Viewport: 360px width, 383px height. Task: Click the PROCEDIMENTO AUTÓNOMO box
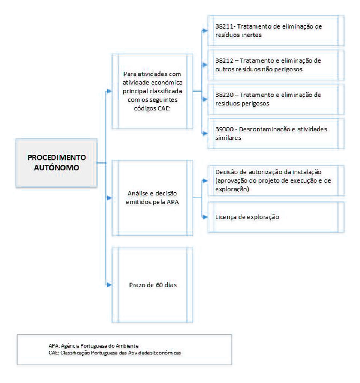point(56,162)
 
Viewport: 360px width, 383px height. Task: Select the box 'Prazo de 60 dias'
point(155,285)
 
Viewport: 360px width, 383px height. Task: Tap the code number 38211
point(223,27)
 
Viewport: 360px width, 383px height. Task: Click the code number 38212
point(223,61)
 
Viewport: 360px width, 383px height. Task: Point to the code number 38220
point(223,95)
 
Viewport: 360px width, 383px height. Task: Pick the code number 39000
point(223,129)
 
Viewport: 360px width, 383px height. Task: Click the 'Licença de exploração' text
point(247,217)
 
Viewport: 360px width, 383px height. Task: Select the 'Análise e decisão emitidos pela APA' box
point(155,198)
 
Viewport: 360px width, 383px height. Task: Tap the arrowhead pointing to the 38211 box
point(205,31)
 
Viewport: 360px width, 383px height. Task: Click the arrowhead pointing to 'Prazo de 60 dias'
point(109,285)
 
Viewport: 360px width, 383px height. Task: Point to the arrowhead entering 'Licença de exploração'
point(205,217)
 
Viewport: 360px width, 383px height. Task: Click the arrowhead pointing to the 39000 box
point(205,133)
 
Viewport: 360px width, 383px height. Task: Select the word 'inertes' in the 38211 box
point(251,35)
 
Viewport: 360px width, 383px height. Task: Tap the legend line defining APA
point(96,345)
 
